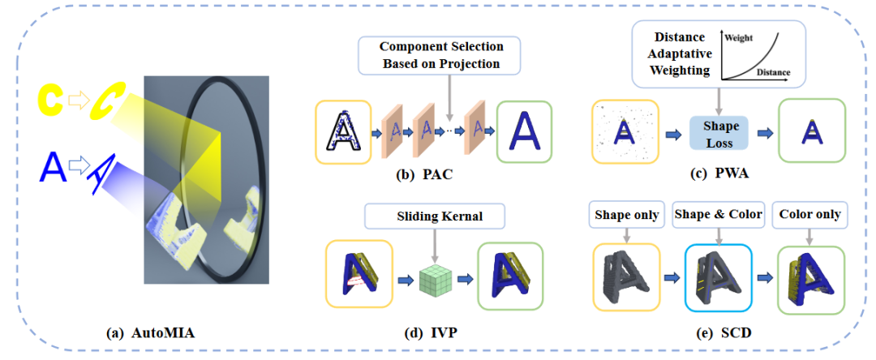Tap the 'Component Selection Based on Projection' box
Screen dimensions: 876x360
click(440, 54)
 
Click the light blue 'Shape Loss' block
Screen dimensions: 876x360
click(718, 134)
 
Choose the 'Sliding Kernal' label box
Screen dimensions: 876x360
click(434, 216)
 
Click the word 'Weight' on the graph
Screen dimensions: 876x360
click(739, 38)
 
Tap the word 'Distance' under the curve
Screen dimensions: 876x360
click(773, 72)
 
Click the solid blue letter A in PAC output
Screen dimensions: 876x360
click(525, 131)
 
